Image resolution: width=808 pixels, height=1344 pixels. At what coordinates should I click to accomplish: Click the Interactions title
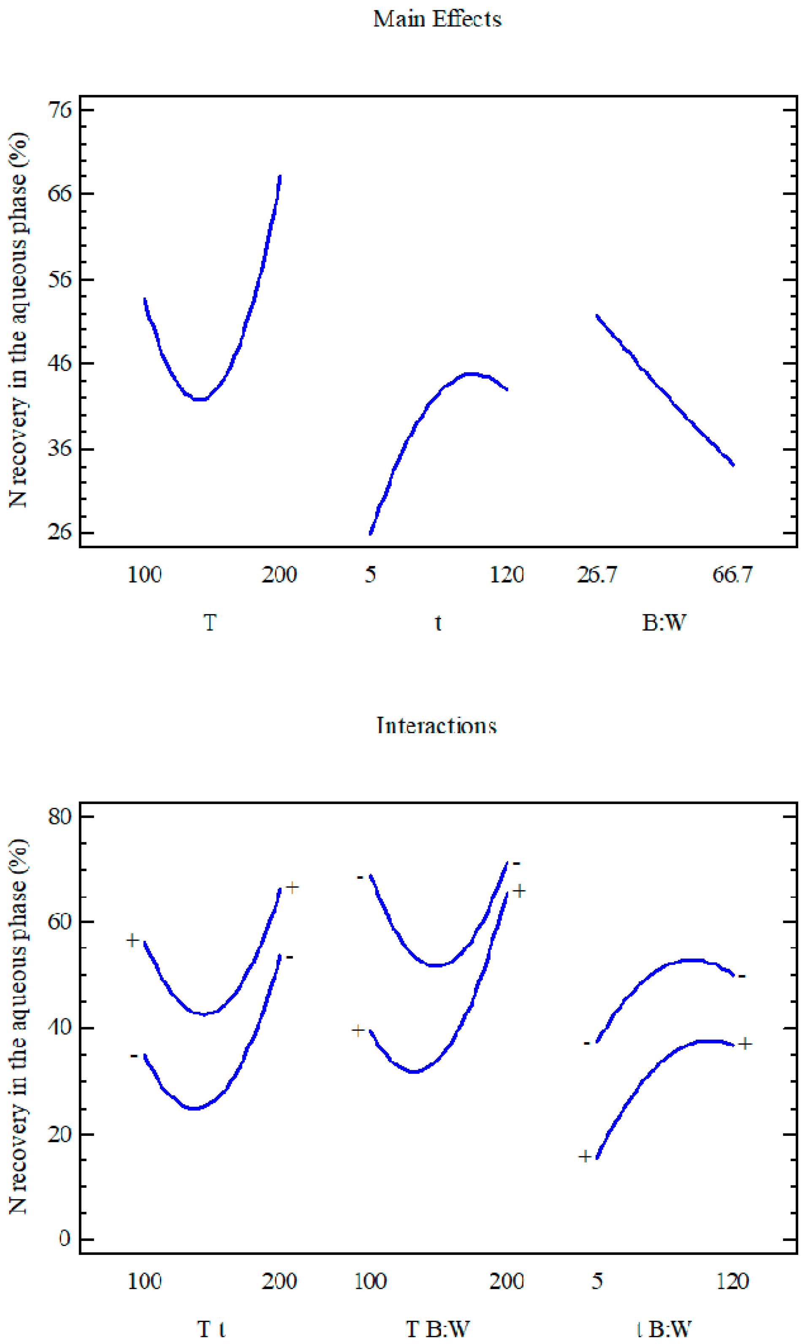tap(436, 726)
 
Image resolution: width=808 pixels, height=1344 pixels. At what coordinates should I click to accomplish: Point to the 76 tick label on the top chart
tap(60, 110)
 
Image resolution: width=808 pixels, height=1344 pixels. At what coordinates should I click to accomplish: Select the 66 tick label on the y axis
tap(60, 194)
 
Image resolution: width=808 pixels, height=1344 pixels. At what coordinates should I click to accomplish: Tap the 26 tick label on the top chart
tap(60, 532)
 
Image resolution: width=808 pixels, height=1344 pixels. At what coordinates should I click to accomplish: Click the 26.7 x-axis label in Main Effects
tap(597, 575)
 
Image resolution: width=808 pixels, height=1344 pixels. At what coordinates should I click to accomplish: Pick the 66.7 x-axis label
tap(732, 575)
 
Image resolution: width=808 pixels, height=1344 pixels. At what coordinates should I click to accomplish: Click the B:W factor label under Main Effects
tap(664, 622)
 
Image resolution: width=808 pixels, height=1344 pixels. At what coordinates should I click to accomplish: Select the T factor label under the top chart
tap(210, 622)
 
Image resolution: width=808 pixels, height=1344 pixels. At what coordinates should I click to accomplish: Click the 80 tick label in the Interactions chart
tap(60, 816)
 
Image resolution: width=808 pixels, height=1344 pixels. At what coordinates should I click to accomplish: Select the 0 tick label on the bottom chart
tap(65, 1239)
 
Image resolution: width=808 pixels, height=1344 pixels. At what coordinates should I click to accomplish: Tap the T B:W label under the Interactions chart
tap(437, 1329)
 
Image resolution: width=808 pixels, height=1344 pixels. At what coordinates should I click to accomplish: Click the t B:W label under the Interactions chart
tap(664, 1329)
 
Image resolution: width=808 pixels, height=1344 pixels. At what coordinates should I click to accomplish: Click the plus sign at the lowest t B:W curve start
tap(585, 1156)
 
